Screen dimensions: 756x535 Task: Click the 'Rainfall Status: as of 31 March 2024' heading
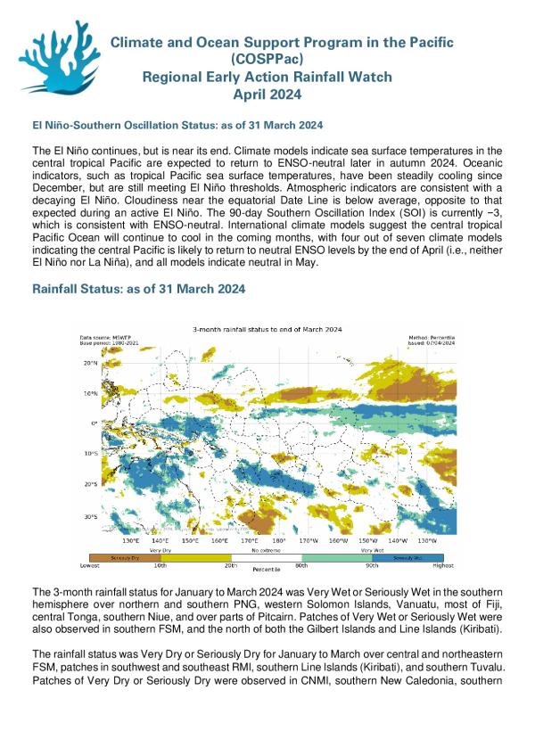click(x=139, y=290)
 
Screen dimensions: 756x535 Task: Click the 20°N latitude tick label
click(x=90, y=363)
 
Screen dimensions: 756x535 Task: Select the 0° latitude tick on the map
click(x=94, y=423)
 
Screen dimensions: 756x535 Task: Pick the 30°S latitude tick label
click(x=90, y=516)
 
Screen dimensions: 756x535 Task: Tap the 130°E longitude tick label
click(x=130, y=540)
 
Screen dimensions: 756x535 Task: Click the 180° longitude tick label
click(x=278, y=540)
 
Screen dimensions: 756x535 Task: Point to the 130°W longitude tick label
click(x=427, y=540)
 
